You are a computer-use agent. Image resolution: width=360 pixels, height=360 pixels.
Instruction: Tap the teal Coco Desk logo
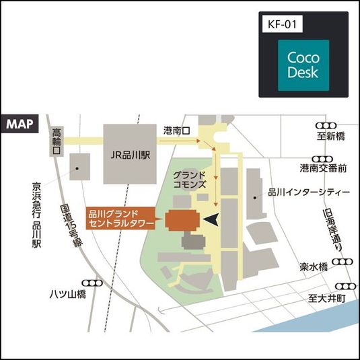pyautogui.click(x=303, y=65)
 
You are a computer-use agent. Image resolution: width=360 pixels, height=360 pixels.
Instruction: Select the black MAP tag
pyautogui.click(x=21, y=124)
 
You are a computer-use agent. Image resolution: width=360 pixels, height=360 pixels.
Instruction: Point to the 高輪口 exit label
pyautogui.click(x=57, y=142)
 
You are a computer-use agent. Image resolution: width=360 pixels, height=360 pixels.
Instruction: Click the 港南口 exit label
pyautogui.click(x=178, y=129)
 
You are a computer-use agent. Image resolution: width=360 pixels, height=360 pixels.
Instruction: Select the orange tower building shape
pyautogui.click(x=183, y=220)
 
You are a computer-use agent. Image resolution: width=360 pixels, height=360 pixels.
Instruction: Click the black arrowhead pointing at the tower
pyautogui.click(x=212, y=219)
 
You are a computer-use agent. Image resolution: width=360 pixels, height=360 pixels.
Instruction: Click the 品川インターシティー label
pyautogui.click(x=309, y=192)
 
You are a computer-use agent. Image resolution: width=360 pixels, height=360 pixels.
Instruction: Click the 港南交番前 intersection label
pyautogui.click(x=323, y=167)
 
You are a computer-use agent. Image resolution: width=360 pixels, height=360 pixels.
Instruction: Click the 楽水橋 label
pyautogui.click(x=314, y=267)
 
